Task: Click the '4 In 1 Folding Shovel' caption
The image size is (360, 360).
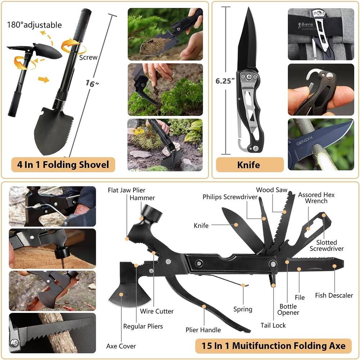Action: point(63,165)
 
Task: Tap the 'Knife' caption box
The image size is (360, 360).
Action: point(248,165)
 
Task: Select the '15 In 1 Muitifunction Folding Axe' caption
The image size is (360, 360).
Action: point(273,346)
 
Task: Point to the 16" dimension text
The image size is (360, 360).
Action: point(92,84)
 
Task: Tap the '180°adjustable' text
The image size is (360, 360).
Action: point(34,25)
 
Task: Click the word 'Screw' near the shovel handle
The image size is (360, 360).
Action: point(89,57)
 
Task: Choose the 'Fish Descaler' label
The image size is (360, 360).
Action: point(334,295)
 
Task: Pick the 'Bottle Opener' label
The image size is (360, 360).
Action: point(288,309)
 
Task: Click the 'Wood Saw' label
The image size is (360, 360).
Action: point(272,190)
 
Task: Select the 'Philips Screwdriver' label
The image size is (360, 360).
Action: point(230,197)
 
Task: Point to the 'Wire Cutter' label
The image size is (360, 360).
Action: point(157,311)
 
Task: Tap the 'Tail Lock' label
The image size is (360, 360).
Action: point(273,325)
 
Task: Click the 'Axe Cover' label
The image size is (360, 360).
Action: point(121,346)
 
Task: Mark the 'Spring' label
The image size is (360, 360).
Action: point(243,309)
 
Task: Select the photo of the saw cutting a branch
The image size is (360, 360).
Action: point(52,333)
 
